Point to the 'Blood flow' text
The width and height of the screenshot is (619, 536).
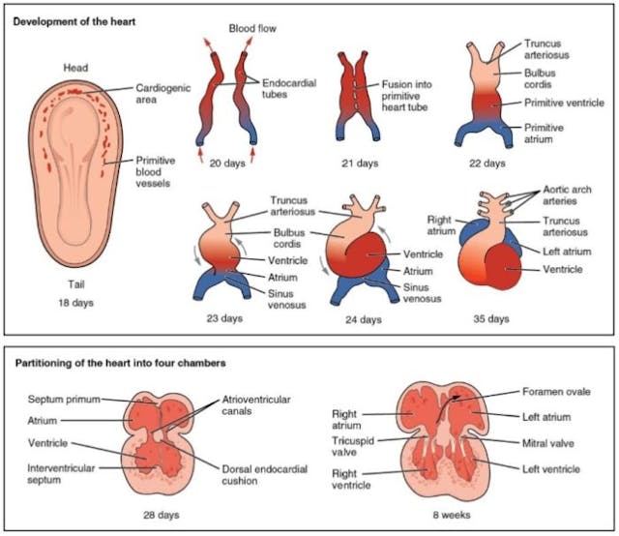(x=253, y=30)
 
